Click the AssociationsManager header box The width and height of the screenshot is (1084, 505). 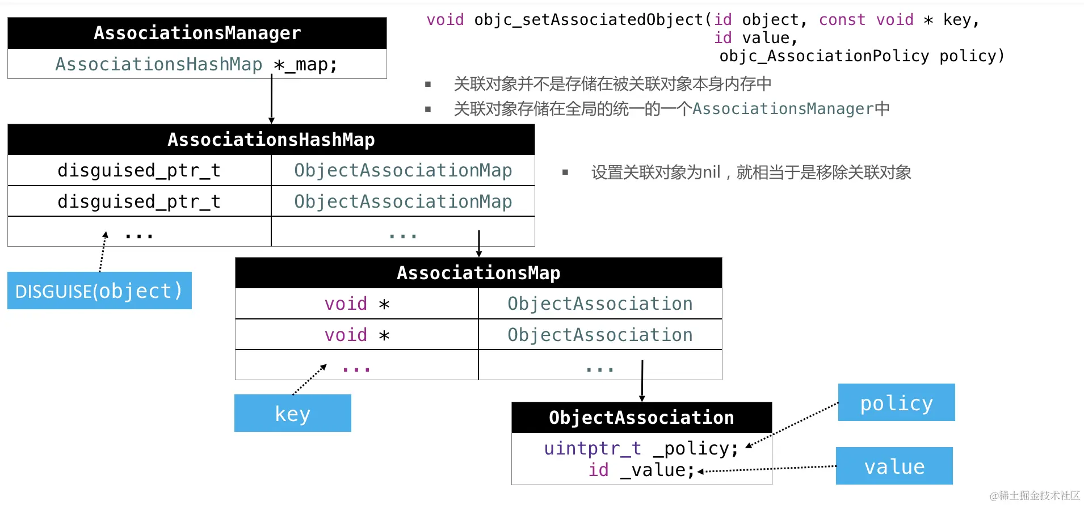[x=197, y=33]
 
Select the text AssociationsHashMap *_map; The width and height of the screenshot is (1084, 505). [x=196, y=64]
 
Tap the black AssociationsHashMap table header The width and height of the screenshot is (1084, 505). [x=271, y=140]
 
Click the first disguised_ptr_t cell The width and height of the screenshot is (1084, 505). [x=139, y=170]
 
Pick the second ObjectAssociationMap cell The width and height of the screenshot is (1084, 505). [x=403, y=201]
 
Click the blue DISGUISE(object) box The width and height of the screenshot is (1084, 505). [x=99, y=291]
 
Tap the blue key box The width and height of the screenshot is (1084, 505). [x=292, y=413]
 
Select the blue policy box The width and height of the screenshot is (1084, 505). [x=896, y=402]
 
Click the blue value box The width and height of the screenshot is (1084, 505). [x=894, y=466]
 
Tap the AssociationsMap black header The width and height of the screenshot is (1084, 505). [x=478, y=273]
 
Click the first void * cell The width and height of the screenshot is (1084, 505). [x=356, y=304]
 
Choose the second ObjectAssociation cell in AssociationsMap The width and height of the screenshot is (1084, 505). [x=600, y=335]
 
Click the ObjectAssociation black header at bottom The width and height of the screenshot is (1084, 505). [x=641, y=418]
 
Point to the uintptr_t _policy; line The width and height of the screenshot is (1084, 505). [x=641, y=448]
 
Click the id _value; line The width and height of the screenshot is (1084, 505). [x=641, y=470]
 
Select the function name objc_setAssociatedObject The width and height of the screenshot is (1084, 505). [x=589, y=20]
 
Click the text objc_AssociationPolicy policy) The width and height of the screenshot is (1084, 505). [x=862, y=56]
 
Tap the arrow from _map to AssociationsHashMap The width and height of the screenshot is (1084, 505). [x=271, y=99]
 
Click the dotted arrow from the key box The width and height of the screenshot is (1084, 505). [x=309, y=380]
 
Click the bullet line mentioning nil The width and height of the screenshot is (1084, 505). [x=751, y=172]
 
